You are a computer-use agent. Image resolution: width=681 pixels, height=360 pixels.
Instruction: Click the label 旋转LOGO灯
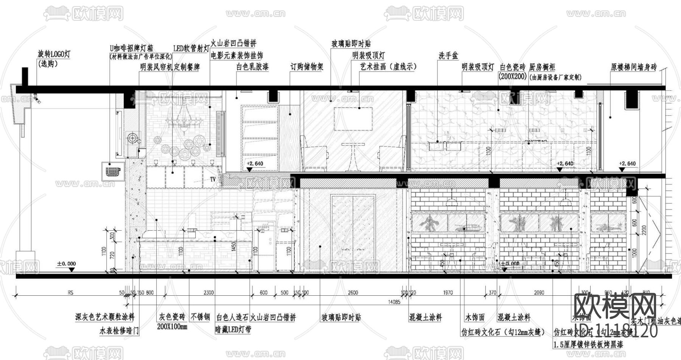[x=54, y=54]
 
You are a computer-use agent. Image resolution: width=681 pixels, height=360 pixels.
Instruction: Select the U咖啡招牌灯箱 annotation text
[x=131, y=48]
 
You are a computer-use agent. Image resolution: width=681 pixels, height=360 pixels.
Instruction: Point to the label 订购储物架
[x=307, y=67]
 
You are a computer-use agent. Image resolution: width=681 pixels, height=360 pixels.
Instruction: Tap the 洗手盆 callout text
[x=448, y=56]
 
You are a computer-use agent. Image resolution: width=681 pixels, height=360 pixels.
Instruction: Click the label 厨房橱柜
[x=542, y=67]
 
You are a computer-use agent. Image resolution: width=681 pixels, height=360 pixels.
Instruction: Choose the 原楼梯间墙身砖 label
[x=634, y=67]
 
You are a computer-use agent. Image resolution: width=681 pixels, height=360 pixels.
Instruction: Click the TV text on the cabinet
[x=213, y=179]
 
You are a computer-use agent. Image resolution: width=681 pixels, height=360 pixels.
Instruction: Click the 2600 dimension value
[x=353, y=292]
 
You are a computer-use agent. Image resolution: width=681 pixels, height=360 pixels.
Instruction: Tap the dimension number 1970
[x=448, y=292]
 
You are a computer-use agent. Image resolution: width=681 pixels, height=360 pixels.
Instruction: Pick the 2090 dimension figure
[x=539, y=292]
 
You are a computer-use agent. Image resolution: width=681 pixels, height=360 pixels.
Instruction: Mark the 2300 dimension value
[x=208, y=292]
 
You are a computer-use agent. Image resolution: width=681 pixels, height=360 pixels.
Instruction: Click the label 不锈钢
[x=201, y=317]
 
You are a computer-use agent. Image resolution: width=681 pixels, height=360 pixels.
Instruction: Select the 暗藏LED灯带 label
[x=233, y=329]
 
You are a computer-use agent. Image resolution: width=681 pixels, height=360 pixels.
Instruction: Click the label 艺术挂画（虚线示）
[x=388, y=67]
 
